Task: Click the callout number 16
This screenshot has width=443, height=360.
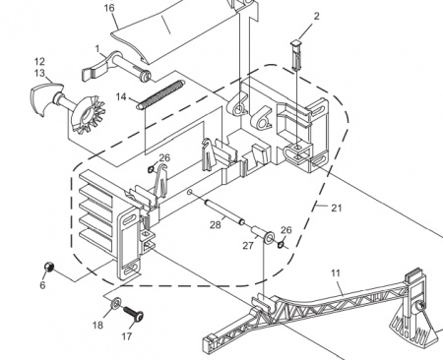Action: pos(109,8)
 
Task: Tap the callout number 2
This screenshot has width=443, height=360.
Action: pos(316,16)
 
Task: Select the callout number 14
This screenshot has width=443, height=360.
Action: pos(121,97)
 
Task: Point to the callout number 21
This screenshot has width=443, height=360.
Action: pos(337,208)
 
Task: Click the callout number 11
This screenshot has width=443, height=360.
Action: pos(336,273)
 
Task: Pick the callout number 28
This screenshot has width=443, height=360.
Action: pos(216,225)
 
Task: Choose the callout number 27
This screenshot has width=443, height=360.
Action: pos(248,245)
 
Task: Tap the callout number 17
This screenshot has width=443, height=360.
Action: pos(127,336)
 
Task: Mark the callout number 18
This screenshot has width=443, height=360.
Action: pos(97,326)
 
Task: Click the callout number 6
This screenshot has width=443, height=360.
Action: pos(42,285)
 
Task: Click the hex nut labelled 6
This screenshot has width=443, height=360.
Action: pos(49,267)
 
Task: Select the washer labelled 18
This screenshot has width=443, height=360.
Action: pos(115,303)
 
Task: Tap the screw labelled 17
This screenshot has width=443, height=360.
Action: pos(133,313)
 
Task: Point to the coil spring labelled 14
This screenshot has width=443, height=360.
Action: pos(161,94)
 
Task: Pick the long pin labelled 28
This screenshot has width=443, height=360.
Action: pos(224,214)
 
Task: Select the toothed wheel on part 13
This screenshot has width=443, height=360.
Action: pos(88,115)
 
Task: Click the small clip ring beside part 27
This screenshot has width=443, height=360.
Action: pos(281,245)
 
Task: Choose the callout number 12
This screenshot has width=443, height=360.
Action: pos(39,62)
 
